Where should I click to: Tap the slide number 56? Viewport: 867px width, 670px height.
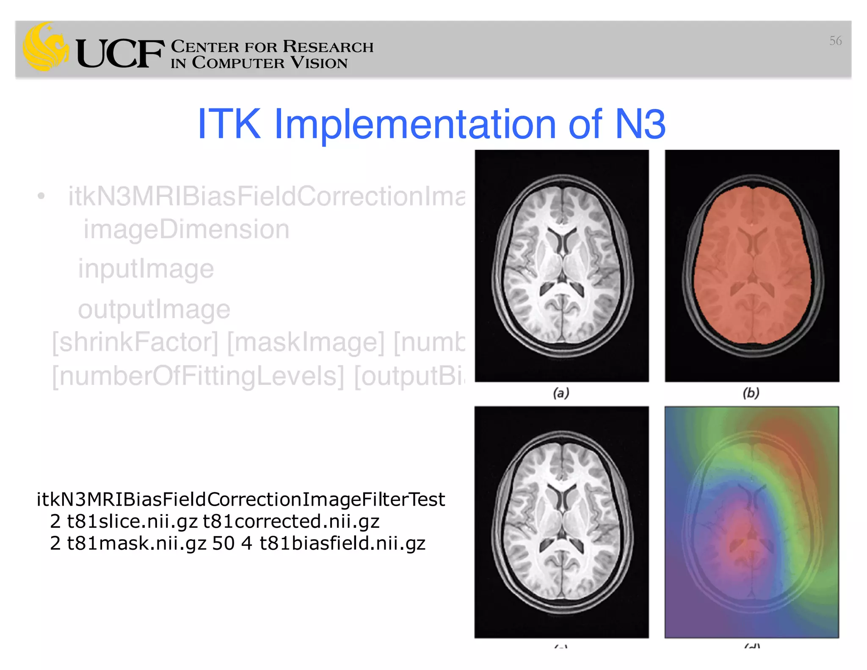pos(835,41)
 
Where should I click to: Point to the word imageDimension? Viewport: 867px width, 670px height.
pos(186,230)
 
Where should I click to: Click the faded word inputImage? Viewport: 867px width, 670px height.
pos(146,269)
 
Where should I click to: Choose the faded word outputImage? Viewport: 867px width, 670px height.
pos(154,309)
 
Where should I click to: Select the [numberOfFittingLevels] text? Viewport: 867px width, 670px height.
pos(198,376)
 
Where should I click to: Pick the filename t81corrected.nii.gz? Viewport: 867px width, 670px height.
pos(291,521)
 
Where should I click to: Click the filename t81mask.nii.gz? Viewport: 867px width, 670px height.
pos(137,543)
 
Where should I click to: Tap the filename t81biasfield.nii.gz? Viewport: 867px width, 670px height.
pos(342,543)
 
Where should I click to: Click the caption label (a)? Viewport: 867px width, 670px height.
pos(561,393)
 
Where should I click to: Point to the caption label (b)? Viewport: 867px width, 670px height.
pos(751,393)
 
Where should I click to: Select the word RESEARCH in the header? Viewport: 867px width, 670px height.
pos(328,47)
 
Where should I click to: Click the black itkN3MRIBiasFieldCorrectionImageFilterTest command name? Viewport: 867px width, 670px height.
pos(240,499)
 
